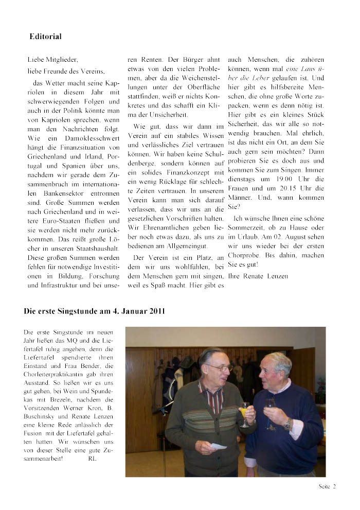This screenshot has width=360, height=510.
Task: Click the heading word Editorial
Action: tap(45, 37)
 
